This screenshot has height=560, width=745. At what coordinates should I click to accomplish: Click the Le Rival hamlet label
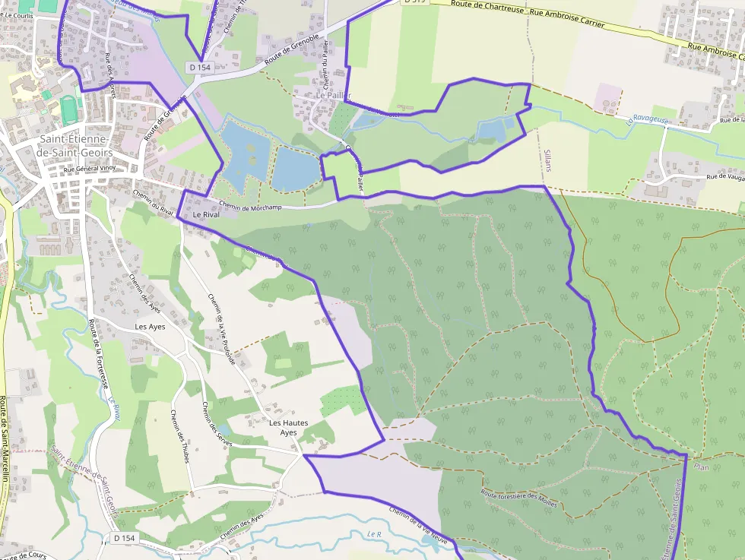coord(206,215)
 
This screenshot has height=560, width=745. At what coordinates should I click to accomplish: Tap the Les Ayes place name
coord(150,327)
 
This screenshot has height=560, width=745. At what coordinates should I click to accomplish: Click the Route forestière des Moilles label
coord(519,498)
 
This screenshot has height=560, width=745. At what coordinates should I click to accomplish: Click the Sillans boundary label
coord(547,160)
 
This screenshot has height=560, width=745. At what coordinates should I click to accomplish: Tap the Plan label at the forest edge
coord(702,467)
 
